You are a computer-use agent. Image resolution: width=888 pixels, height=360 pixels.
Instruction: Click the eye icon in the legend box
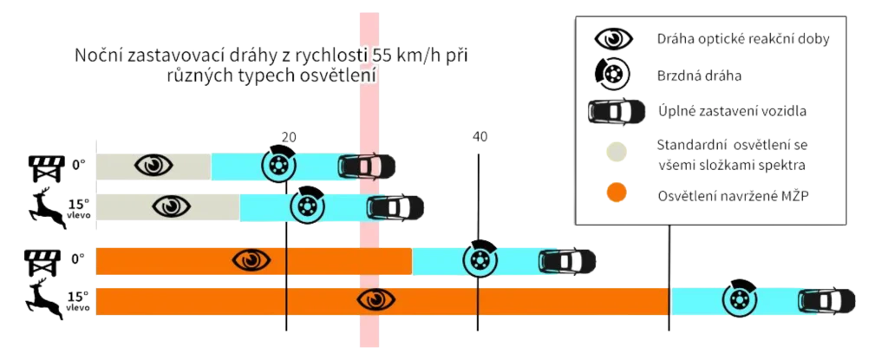coord(613,40)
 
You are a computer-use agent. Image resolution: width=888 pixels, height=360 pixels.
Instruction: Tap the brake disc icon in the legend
coord(613,75)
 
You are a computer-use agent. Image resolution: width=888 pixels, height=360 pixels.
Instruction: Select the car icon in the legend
coord(615,111)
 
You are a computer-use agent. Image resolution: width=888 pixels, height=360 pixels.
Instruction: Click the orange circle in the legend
coord(617,193)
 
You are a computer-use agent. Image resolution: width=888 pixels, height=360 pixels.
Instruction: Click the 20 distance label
coord(290,136)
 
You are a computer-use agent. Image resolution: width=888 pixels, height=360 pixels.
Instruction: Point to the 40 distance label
coord(480,136)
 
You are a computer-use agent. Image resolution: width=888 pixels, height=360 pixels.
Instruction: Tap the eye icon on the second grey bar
coord(171,206)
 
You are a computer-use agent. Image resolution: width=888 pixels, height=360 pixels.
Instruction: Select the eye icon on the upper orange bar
coord(251,259)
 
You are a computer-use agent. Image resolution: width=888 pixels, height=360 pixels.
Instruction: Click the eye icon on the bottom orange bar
coord(376,299)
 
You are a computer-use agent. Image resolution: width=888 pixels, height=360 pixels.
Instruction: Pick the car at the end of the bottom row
coord(829,300)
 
